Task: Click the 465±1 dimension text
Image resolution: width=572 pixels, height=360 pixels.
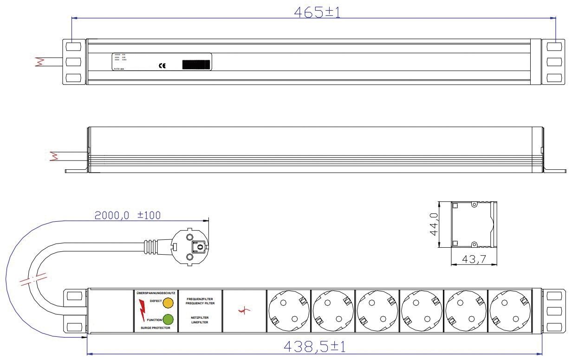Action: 317,12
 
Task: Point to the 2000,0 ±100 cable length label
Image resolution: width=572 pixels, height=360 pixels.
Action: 128,215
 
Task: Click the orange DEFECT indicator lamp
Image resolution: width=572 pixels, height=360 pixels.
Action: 168,303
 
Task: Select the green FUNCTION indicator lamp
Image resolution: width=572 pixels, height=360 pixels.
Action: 168,319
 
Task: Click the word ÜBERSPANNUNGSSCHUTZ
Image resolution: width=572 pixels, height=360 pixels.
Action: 155,293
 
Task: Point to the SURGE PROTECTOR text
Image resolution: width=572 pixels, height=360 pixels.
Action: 155,328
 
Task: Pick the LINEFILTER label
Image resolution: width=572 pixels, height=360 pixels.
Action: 200,321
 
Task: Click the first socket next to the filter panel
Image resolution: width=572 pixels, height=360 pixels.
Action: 288,310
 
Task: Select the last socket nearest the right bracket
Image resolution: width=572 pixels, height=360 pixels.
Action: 510,310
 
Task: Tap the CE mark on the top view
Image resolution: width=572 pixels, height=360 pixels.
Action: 162,66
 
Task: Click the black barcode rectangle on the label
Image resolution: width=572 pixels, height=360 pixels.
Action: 196,64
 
